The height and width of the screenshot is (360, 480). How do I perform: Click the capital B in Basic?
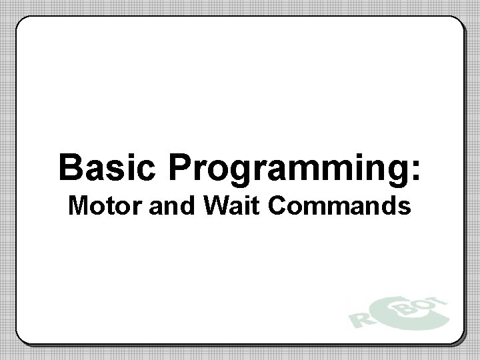71,167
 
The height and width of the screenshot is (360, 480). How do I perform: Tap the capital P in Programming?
181,167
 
